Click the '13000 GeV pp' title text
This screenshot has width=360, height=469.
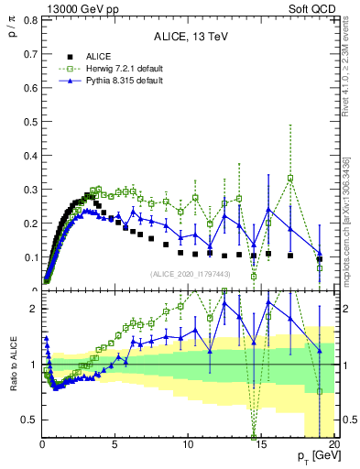pos(74,8)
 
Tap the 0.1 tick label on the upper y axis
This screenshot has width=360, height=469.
pos(29,256)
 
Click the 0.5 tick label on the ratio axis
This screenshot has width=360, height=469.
pos(29,420)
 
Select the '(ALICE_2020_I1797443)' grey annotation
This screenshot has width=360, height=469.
pos(190,274)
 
